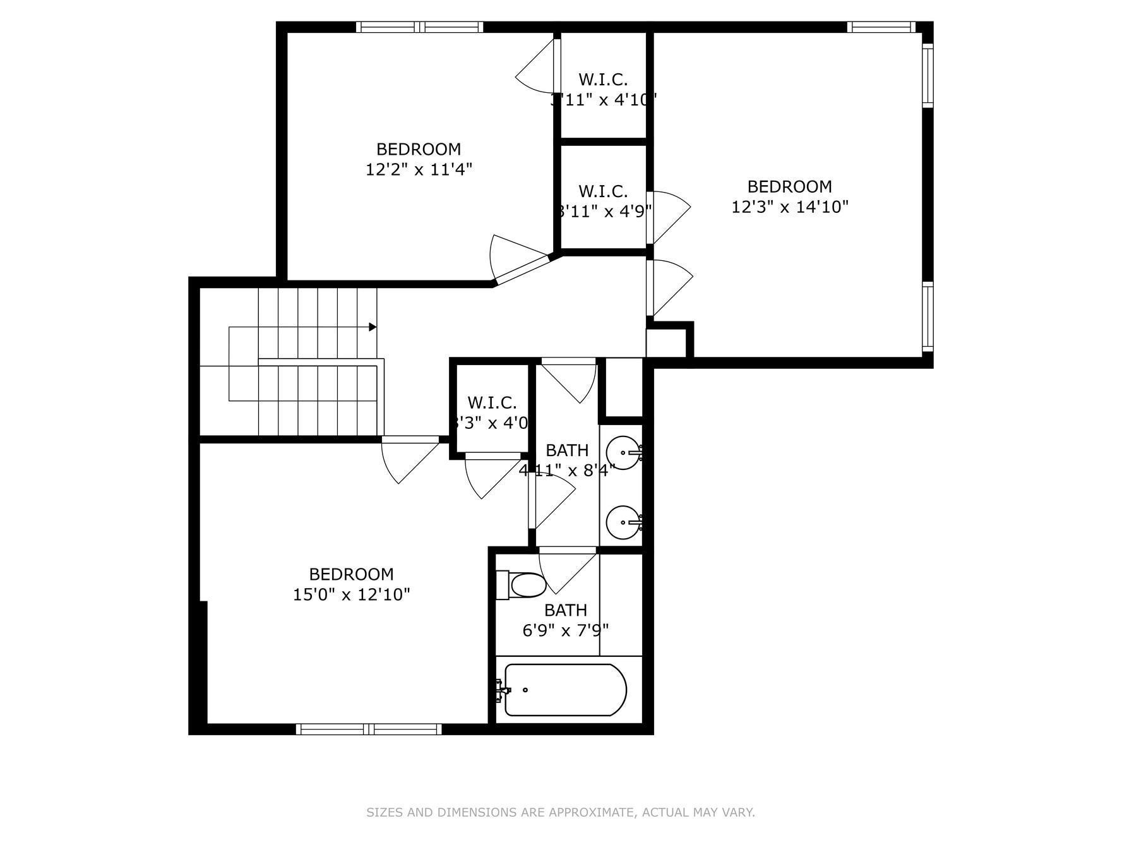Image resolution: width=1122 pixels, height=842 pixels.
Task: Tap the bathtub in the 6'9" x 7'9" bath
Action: [565, 690]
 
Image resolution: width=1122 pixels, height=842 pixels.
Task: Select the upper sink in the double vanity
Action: [622, 452]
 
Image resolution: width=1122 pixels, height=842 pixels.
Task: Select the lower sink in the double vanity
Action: [622, 522]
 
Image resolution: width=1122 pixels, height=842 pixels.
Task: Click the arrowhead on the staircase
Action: [373, 327]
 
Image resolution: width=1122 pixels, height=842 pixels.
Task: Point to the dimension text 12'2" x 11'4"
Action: [419, 169]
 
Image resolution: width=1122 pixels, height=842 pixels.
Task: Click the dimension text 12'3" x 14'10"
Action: [789, 207]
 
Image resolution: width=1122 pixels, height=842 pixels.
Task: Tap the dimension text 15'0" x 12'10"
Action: [351, 594]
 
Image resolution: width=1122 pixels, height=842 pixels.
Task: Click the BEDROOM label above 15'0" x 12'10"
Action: [351, 574]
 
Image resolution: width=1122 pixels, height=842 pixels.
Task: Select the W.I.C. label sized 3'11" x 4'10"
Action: [603, 80]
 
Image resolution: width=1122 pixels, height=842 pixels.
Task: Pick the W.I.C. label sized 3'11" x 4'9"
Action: [603, 191]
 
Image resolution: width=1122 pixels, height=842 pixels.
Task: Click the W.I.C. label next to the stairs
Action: [492, 402]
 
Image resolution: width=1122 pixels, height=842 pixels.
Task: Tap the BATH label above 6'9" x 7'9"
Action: [565, 610]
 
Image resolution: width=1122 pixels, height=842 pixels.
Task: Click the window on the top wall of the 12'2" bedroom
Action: [419, 27]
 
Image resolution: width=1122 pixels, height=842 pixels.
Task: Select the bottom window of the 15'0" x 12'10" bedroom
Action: [369, 729]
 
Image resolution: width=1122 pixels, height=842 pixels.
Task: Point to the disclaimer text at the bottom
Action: [561, 812]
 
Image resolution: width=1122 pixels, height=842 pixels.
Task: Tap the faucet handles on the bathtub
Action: [502, 690]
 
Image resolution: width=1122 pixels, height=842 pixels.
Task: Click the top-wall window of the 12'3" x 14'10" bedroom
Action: [880, 27]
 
